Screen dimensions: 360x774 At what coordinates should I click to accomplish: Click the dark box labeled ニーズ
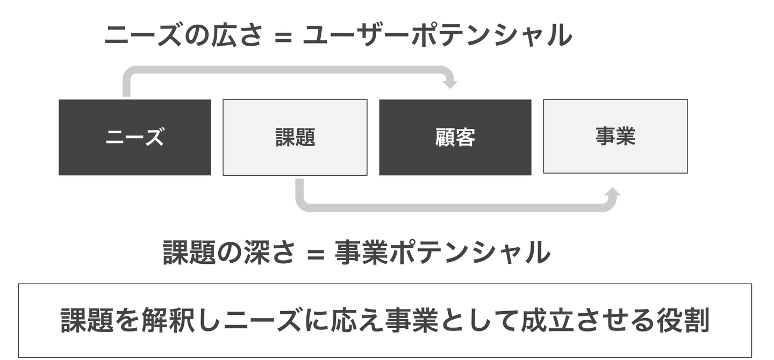[x=134, y=138]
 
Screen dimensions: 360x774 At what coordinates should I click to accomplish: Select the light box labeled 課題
[x=295, y=138]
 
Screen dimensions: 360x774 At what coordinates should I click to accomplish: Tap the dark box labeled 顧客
[x=455, y=138]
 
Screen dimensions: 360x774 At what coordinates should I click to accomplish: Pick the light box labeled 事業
[x=615, y=136]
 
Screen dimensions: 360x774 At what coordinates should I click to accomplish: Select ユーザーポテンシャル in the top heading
[x=436, y=37]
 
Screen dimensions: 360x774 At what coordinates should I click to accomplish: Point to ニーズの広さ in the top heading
[x=183, y=37]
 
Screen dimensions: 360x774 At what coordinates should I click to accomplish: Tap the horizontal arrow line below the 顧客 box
[x=455, y=207]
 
